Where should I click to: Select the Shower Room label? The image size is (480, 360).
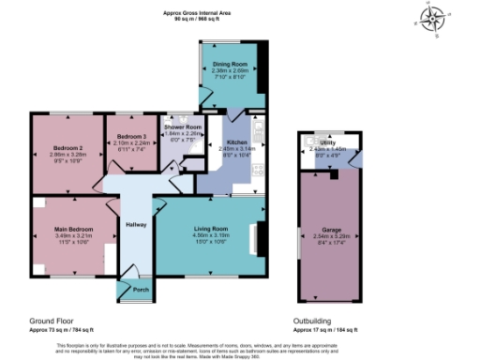click(x=183, y=127)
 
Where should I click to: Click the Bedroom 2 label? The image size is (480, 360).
click(x=68, y=149)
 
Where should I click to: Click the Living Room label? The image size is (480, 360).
click(x=210, y=229)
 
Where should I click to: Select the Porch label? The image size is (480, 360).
click(x=141, y=290)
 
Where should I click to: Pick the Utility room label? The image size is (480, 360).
click(x=328, y=142)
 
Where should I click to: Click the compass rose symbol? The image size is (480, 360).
click(x=431, y=20)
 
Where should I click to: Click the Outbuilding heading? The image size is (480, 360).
click(x=312, y=321)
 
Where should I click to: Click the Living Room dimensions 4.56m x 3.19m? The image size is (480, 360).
click(x=210, y=235)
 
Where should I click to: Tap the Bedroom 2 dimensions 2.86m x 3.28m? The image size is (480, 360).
click(x=68, y=156)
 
